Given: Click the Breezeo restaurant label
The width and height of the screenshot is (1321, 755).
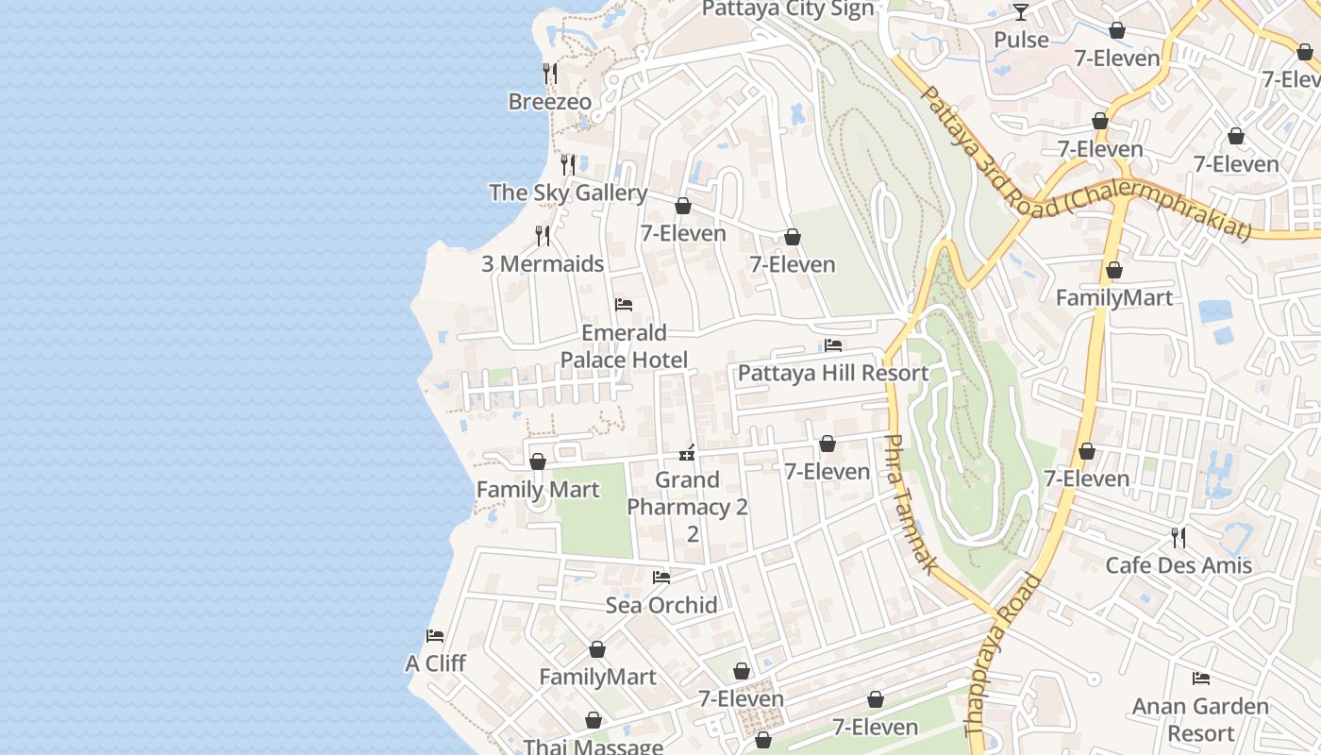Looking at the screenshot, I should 549,102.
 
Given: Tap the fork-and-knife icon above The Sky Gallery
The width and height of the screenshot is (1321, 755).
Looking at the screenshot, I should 567,165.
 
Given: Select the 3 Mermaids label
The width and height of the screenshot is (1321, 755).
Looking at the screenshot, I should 543,264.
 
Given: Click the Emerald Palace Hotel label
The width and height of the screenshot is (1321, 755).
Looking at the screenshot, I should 624,346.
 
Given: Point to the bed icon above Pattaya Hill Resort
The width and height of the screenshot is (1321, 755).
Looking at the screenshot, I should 832,345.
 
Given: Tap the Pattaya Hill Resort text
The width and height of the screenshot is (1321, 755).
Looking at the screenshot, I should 832,374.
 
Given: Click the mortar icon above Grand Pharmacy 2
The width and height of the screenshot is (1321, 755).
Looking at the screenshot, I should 687,453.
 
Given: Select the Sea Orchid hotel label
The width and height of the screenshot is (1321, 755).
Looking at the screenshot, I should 661,605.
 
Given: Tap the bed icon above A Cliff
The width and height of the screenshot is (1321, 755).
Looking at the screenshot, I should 435,636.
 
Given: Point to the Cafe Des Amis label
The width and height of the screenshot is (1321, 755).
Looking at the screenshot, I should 1179,565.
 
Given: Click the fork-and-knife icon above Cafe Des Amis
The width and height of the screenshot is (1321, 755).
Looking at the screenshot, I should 1179,538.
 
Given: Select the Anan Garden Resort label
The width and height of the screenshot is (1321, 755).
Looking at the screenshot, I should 1200,719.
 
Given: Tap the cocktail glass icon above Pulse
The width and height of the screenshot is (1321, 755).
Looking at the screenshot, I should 1021,12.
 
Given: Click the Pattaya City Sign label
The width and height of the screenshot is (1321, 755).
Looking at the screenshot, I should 788,9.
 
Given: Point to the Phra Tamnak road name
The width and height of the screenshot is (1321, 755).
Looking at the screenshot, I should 911,504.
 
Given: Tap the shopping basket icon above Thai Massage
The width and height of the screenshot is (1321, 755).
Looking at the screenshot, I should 594,721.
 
